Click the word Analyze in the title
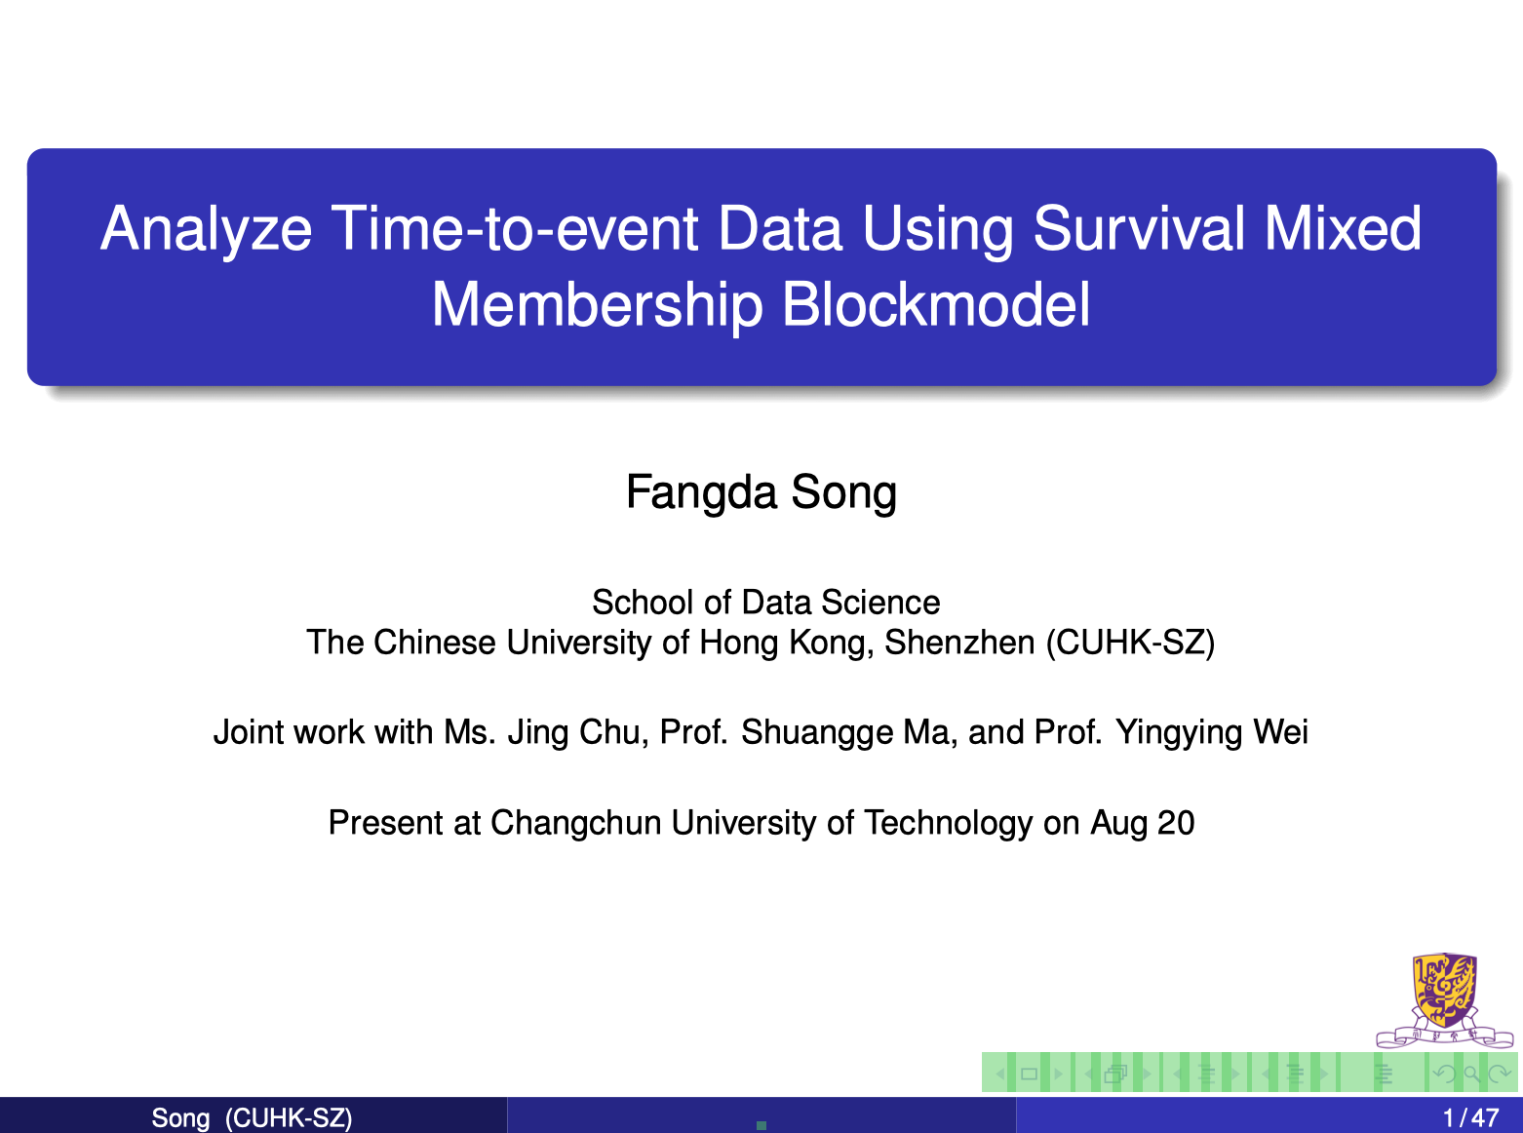pyautogui.click(x=206, y=230)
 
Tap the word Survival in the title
pyautogui.click(x=1139, y=228)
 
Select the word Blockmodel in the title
pyautogui.click(x=936, y=304)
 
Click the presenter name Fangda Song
pyautogui.click(x=761, y=492)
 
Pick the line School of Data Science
pyautogui.click(x=765, y=603)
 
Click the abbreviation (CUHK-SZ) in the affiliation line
pyautogui.click(x=1130, y=643)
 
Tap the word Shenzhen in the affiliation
pyautogui.click(x=959, y=642)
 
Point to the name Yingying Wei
pyautogui.click(x=1212, y=732)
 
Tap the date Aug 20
pyautogui.click(x=1143, y=823)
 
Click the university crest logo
pyautogui.click(x=1445, y=1000)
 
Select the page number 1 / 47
pyautogui.click(x=1470, y=1118)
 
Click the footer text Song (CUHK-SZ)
pyautogui.click(x=252, y=1118)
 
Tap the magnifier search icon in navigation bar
pyautogui.click(x=1471, y=1074)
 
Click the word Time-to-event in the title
pyautogui.click(x=514, y=228)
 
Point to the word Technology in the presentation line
pyautogui.click(x=949, y=823)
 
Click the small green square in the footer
pyautogui.click(x=761, y=1125)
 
